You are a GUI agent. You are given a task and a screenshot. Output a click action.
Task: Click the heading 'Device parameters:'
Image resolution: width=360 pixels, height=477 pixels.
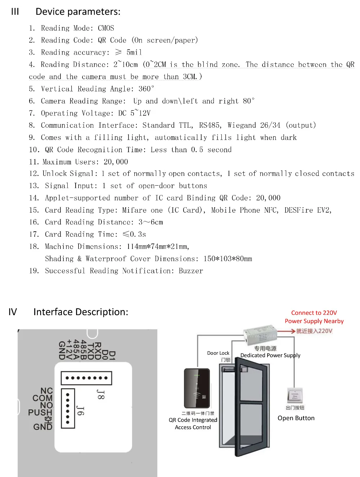78,12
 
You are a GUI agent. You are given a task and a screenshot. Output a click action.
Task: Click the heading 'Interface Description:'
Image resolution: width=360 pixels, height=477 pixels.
81,312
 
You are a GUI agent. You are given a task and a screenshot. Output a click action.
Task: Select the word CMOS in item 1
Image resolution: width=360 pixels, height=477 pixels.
106,28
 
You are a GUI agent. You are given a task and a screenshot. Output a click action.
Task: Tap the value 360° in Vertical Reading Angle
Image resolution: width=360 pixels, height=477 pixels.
146,89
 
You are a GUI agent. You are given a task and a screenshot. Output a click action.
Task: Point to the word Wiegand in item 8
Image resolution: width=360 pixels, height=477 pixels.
242,125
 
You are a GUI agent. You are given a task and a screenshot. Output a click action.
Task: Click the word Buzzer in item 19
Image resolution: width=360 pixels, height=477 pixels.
191,271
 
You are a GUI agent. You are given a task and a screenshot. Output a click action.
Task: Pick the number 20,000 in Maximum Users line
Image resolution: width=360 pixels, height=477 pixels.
116,162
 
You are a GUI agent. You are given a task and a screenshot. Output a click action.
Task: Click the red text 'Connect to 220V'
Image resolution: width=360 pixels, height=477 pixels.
314,313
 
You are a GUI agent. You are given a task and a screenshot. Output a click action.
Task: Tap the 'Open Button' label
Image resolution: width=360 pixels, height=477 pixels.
296,418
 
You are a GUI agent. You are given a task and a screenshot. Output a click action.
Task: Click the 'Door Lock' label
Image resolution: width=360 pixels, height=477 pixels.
218,353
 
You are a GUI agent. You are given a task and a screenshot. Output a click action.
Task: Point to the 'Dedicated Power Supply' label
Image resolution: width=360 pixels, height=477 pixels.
270,355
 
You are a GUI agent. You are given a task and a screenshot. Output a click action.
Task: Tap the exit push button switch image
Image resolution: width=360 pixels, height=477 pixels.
295,396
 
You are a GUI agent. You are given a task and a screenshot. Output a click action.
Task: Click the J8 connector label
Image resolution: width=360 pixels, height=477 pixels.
100,394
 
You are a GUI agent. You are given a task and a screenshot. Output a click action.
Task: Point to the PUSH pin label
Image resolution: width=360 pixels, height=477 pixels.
40,413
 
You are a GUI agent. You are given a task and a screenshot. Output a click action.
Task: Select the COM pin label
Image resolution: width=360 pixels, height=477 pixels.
42,398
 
